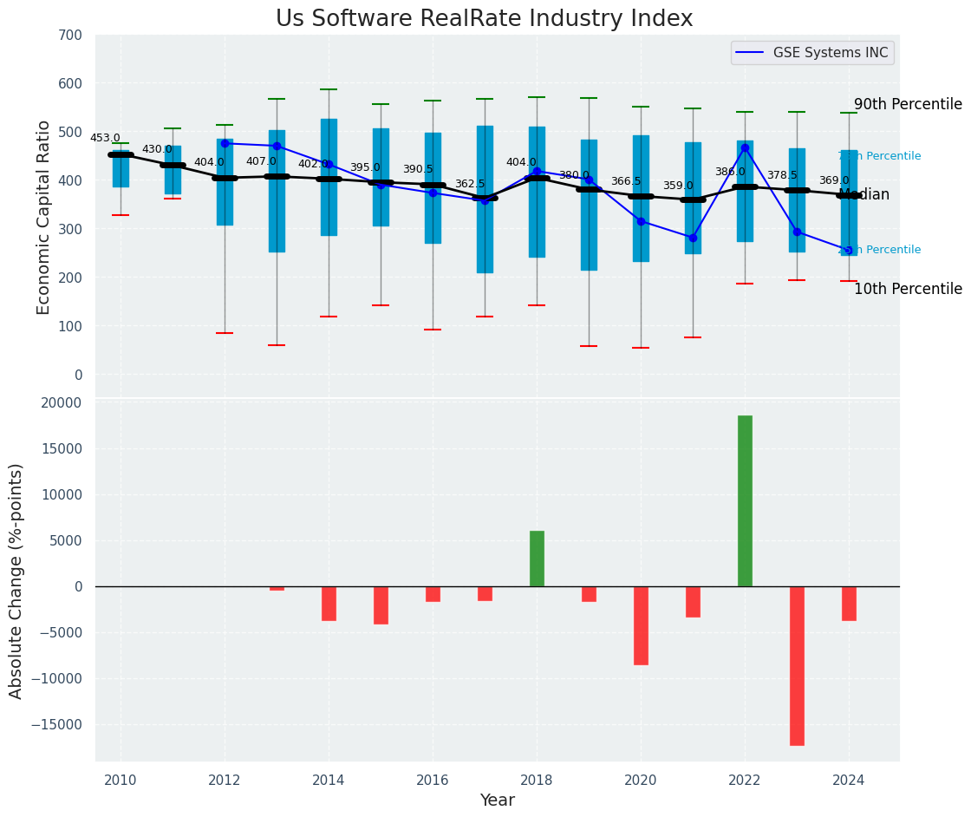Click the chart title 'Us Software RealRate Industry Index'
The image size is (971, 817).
484,19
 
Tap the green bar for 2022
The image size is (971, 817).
745,500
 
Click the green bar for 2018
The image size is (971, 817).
537,559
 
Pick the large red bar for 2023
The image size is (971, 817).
797,665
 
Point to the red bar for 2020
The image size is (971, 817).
641,625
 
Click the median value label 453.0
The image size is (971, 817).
105,138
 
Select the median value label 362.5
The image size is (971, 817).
470,184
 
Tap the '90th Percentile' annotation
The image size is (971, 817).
908,104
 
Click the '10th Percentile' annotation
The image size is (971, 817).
908,289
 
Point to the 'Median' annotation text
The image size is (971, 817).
863,194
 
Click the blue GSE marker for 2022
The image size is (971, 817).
745,148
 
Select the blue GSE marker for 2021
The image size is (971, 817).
693,238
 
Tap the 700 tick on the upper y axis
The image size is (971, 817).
71,36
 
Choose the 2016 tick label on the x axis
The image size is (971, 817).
433,781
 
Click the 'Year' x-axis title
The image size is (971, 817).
497,801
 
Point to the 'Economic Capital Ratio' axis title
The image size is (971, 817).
45,206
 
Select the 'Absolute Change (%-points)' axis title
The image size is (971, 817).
16,580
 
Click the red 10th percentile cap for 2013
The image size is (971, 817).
277,345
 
